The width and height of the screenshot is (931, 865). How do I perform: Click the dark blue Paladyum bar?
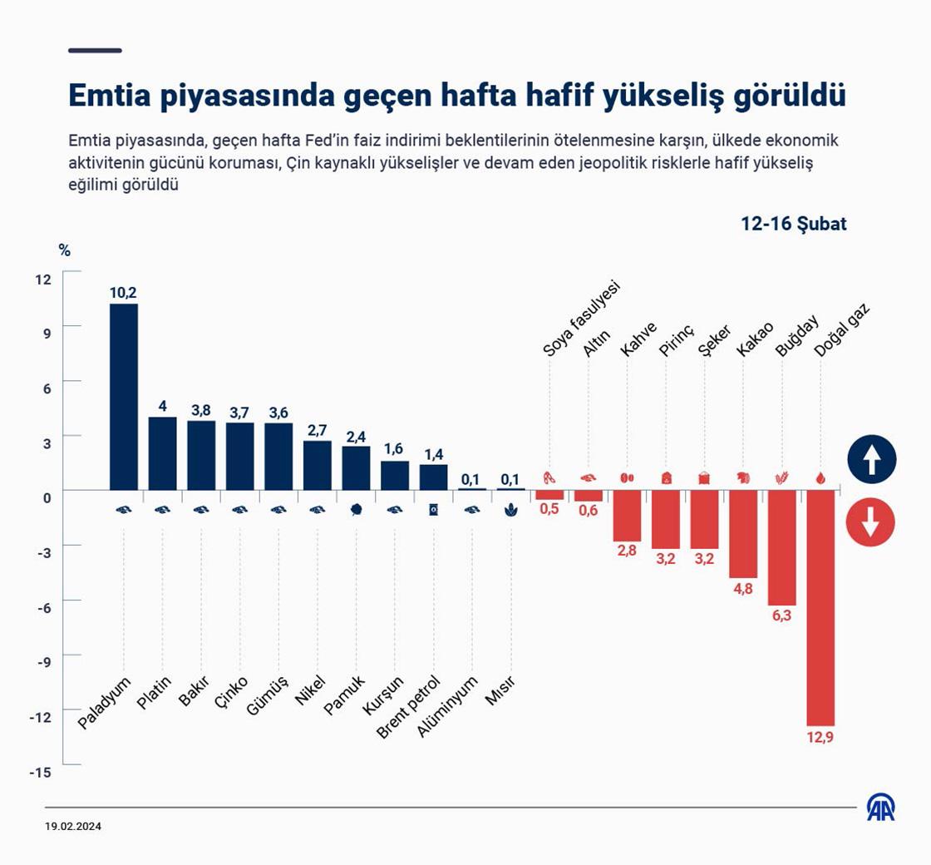coord(124,397)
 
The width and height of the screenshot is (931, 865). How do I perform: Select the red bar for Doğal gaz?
coord(820,607)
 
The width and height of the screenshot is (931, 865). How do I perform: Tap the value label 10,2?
coord(123,293)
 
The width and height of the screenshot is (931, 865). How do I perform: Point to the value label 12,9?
coord(820,737)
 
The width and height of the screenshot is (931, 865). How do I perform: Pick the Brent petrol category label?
coord(408,706)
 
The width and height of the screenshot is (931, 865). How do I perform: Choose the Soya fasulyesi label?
coord(581,319)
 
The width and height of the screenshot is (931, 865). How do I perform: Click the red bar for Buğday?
coord(781,547)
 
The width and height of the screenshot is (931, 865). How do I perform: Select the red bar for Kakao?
coord(743,533)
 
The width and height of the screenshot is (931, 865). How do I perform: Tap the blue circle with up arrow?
coord(871,459)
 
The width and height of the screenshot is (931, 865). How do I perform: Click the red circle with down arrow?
coord(870,523)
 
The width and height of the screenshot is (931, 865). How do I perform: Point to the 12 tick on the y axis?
coord(43,279)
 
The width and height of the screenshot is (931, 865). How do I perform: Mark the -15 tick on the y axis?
coord(41,773)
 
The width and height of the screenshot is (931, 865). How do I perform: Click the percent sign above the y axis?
coord(65,250)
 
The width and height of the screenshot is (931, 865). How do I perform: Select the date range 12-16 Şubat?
coord(794,224)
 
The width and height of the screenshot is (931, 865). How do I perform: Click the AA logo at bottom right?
coord(881,807)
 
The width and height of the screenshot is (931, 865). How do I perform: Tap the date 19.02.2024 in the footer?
coord(74,827)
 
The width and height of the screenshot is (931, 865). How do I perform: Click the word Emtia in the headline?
coord(106,96)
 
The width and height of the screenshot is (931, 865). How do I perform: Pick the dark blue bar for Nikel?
coord(318,465)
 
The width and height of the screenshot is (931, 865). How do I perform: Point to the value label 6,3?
coord(781,616)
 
